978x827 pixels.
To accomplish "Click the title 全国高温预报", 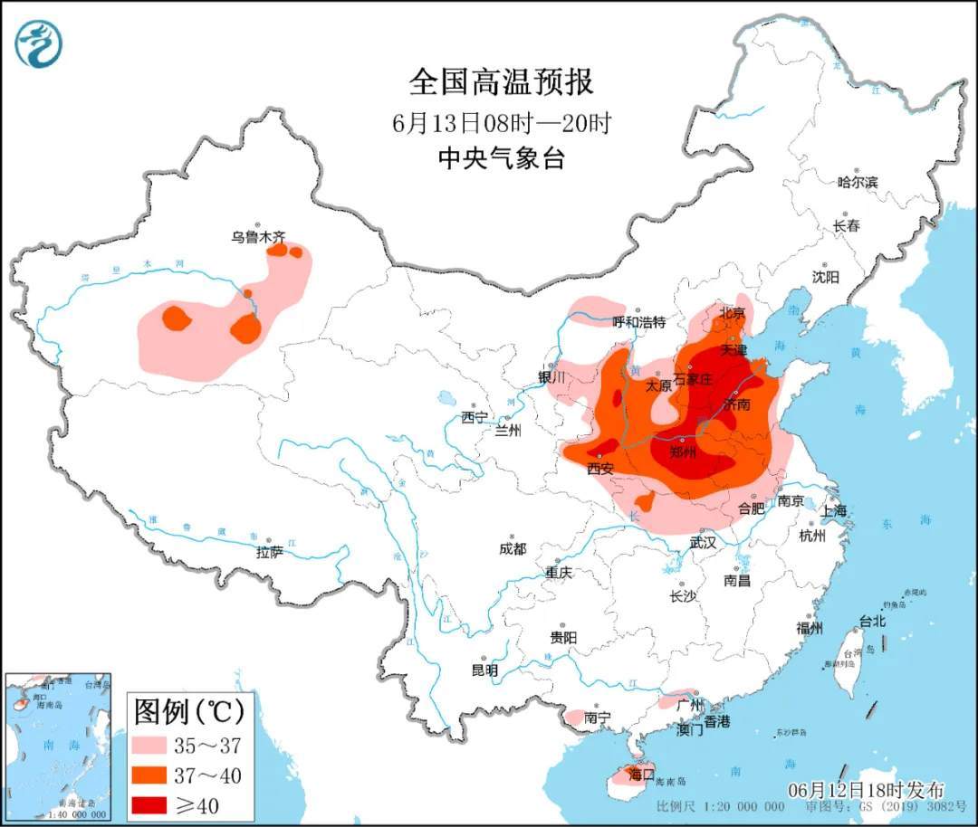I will click(501, 82).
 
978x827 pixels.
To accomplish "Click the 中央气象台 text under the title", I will click(501, 159).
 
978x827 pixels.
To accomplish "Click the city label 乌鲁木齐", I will click(257, 238).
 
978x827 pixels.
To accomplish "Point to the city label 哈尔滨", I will click(857, 182).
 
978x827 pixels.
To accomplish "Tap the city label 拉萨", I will click(269, 551).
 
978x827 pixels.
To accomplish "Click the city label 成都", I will click(512, 548).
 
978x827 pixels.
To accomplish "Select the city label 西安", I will click(600, 469).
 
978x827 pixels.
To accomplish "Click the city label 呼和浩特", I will click(638, 322).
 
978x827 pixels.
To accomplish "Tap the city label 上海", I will click(834, 511).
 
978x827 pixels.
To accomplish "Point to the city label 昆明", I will click(484, 670).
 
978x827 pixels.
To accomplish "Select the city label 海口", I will click(641, 775).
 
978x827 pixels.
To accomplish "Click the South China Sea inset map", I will click(57, 745).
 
